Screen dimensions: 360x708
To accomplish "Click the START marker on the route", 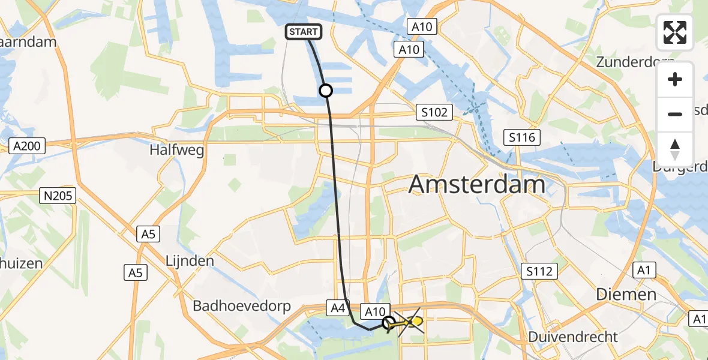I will point(304,32).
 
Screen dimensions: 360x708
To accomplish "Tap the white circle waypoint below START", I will point(325,91).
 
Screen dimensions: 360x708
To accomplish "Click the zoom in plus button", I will point(675,80).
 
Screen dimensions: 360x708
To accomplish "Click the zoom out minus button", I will point(675,114).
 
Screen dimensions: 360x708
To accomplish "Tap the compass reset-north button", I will point(675,149).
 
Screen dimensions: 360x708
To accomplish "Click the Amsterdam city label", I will point(477,184).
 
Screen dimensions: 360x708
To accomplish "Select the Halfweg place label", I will point(176,150).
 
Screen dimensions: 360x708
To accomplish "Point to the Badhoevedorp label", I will point(242,306).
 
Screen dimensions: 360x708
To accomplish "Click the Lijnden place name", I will point(190,261).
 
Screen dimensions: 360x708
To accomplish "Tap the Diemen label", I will point(626,294).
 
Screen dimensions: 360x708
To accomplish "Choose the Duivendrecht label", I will point(573,337).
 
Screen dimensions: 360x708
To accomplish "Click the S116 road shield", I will point(522,137).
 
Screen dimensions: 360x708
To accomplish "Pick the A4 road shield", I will point(337,308).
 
